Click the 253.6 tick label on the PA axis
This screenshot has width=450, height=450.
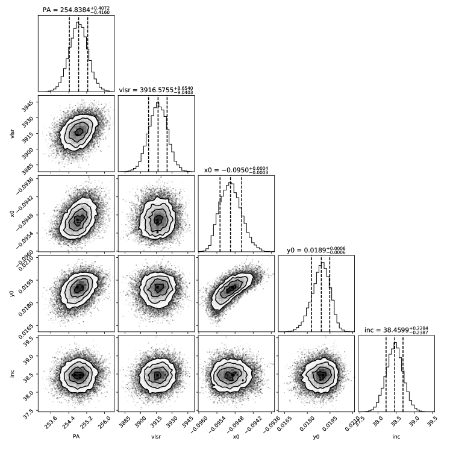(x=51, y=419)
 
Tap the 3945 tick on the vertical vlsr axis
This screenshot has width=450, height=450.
(x=27, y=103)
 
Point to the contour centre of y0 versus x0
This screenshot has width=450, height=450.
(x=230, y=290)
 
